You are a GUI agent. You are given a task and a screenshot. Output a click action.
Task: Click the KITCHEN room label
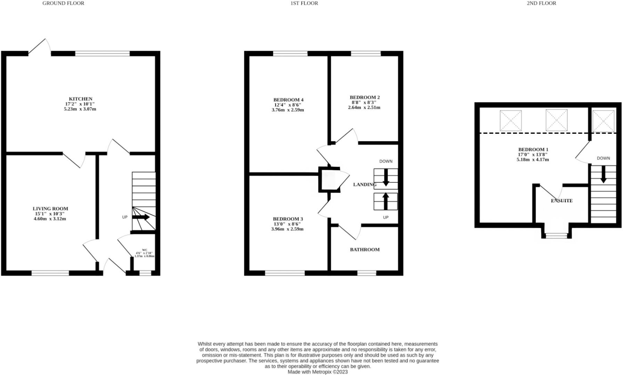pyautogui.click(x=81, y=99)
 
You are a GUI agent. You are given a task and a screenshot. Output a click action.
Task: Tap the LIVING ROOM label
pyautogui.click(x=50, y=209)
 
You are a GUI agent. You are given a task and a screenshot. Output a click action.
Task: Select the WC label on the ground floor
pyautogui.click(x=145, y=250)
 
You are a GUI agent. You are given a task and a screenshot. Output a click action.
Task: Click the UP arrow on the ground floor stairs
pyautogui.click(x=141, y=217)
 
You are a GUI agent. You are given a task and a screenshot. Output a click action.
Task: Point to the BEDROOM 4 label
pyautogui.click(x=288, y=100)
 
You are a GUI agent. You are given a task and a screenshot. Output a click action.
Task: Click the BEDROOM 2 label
pyautogui.click(x=365, y=98)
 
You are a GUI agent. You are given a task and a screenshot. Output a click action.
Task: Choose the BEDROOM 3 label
pyautogui.click(x=288, y=219)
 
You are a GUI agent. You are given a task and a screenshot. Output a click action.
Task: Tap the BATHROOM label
pyautogui.click(x=365, y=250)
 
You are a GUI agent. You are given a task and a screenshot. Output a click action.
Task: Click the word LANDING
pyautogui.click(x=365, y=185)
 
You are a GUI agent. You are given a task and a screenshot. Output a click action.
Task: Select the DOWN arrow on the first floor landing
pyautogui.click(x=386, y=178)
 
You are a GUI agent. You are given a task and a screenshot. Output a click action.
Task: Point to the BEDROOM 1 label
pyautogui.click(x=533, y=150)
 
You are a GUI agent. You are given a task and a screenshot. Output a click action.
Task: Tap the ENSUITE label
pyautogui.click(x=562, y=201)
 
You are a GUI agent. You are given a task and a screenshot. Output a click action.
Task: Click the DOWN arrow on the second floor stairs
pyautogui.click(x=603, y=174)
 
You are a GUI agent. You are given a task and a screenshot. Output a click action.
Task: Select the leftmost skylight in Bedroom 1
pyautogui.click(x=511, y=120)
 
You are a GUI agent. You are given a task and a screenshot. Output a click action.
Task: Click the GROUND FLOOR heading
pyautogui.click(x=63, y=3)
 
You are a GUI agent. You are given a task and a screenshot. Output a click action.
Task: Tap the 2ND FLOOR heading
pyautogui.click(x=541, y=3)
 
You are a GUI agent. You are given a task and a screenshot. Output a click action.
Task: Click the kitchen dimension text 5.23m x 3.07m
pyautogui.click(x=80, y=109)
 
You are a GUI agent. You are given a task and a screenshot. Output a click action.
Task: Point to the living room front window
pyautogui.click(x=50, y=273)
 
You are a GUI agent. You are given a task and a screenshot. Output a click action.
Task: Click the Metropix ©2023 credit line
pyautogui.click(x=317, y=372)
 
